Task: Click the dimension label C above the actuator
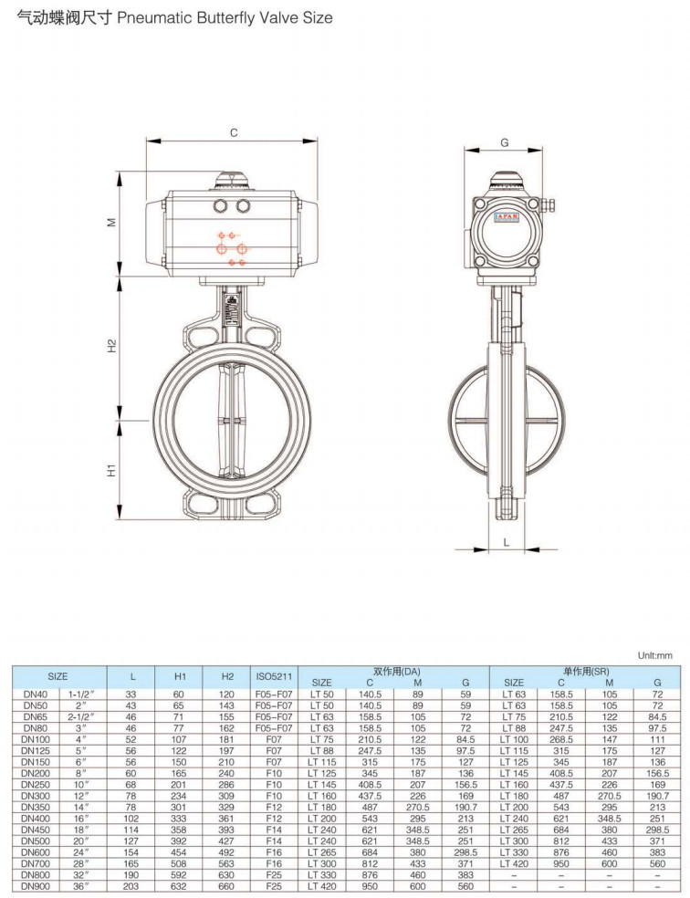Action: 234,133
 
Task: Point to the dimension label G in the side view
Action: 505,142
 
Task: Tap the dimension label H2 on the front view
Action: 112,346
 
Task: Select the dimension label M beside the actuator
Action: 112,222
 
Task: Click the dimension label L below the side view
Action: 507,542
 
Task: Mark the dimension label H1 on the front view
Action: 112,470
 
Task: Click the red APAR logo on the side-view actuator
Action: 506,217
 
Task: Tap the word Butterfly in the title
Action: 226,17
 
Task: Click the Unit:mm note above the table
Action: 655,655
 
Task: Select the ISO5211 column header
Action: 274,676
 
